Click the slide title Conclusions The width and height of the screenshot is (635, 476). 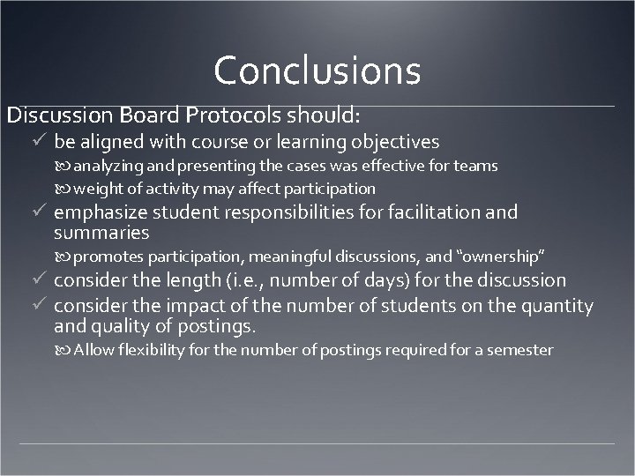point(317,69)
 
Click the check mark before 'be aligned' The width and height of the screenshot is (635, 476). point(37,141)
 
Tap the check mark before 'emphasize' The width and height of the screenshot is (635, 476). point(37,212)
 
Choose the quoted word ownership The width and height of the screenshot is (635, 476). point(504,257)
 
